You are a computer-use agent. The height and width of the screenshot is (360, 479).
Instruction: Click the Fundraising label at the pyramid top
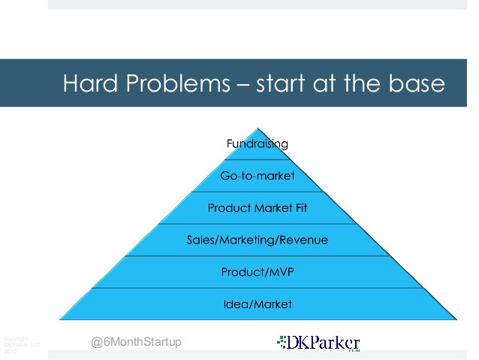coord(258,144)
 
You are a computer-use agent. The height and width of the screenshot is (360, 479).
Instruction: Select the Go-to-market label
coord(258,176)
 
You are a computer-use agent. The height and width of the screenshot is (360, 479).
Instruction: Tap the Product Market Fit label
coord(258,208)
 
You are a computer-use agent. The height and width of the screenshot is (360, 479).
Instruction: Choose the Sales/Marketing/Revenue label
coord(258,241)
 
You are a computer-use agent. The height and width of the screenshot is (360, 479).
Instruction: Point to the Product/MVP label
coord(258,272)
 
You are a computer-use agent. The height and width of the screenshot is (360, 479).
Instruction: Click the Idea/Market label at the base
coord(258,304)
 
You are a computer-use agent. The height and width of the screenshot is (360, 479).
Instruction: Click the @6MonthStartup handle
coord(136,343)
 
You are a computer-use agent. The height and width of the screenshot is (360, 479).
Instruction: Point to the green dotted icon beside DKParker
coord(282,343)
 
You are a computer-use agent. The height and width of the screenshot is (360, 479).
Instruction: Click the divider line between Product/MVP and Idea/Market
coord(258,288)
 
